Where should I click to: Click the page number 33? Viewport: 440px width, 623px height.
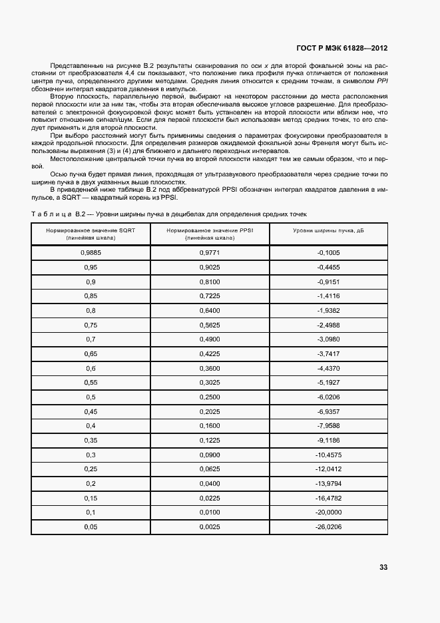coord(383,567)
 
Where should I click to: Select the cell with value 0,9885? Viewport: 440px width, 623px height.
coord(91,253)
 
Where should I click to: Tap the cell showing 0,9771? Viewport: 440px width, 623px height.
coord(210,253)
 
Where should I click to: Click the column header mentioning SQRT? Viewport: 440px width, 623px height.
coord(91,233)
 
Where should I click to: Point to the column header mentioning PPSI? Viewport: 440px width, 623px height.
coord(210,233)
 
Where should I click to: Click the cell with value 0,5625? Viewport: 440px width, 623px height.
coord(210,325)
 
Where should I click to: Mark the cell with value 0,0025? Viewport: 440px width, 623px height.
coord(210,527)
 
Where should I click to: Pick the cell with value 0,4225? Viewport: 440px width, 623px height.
coord(210,354)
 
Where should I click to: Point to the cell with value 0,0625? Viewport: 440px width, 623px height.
coord(210,469)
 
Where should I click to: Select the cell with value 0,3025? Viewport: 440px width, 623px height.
coord(210,383)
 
